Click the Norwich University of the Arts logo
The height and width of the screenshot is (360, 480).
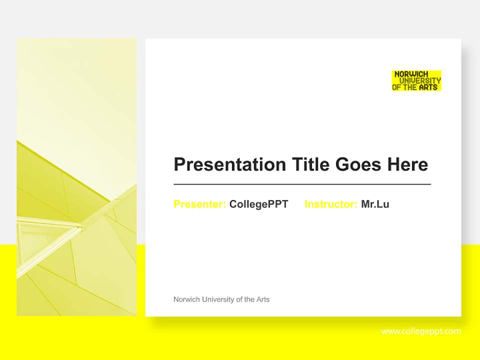pyautogui.click(x=416, y=80)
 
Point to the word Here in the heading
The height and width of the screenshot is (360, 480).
pyautogui.click(x=407, y=164)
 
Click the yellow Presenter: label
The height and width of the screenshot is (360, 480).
pyautogui.click(x=199, y=204)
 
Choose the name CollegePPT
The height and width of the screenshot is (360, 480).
pyautogui.click(x=258, y=204)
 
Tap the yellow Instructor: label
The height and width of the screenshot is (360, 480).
pyautogui.click(x=330, y=204)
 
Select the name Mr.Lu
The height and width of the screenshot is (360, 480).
pyautogui.click(x=375, y=204)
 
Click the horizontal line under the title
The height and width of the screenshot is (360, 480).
pyautogui.click(x=302, y=184)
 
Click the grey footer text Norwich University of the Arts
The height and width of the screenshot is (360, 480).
pyautogui.click(x=221, y=299)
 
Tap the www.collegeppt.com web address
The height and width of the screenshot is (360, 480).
pyautogui.click(x=421, y=331)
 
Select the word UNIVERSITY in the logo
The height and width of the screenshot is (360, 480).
pyautogui.click(x=420, y=80)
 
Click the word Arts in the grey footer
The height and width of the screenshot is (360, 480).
pyautogui.click(x=263, y=299)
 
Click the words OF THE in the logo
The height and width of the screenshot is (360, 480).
pyautogui.click(x=404, y=87)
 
